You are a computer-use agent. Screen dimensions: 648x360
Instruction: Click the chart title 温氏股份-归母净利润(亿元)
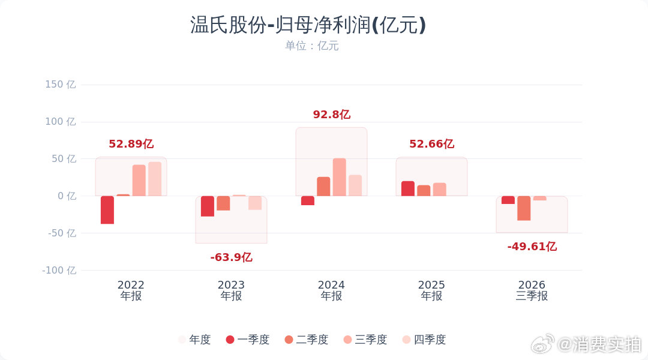[x=308, y=25]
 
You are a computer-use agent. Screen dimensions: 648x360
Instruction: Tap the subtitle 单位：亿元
[x=311, y=46]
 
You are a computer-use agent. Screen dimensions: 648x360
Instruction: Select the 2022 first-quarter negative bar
[x=107, y=210]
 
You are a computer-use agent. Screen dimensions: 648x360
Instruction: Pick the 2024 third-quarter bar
[x=339, y=177]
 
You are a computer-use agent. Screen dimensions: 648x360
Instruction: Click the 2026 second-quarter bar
[x=524, y=208]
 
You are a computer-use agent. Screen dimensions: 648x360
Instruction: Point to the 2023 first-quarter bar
[x=208, y=206]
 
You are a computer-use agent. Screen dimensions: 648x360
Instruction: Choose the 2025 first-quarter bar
[x=408, y=188]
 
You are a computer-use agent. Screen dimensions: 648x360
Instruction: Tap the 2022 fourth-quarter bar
[x=155, y=179]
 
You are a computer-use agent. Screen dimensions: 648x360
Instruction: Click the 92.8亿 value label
[x=331, y=115]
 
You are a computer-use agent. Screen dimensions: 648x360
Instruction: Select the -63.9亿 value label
[x=231, y=257]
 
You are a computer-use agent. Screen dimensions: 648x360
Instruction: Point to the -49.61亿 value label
[x=532, y=247]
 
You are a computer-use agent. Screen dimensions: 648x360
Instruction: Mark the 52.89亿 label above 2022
[x=131, y=144]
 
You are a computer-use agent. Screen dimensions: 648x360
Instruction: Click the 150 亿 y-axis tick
[x=61, y=85]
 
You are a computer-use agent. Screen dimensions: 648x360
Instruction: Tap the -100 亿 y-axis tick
[x=59, y=271]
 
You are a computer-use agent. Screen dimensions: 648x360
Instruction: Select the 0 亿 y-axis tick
[x=67, y=196]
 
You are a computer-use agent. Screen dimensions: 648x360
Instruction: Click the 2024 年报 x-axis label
[x=331, y=290]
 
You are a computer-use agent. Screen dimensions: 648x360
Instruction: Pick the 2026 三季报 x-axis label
[x=532, y=290]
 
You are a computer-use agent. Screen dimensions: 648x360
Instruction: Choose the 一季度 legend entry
[x=248, y=340]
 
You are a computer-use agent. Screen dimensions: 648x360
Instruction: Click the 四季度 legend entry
[x=424, y=340]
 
